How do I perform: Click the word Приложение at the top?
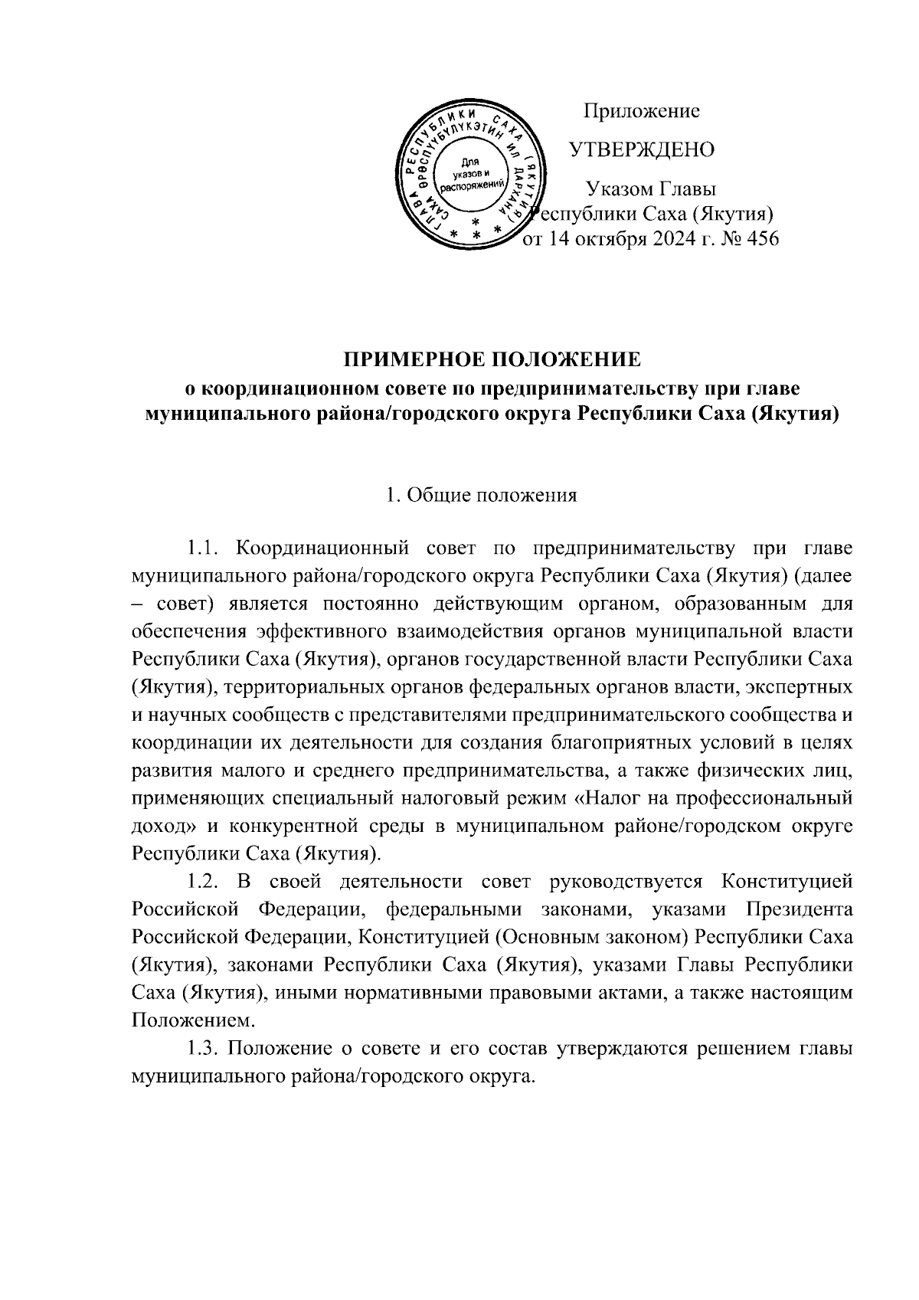(642, 112)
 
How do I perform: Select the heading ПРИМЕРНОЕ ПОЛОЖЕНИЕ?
(490, 360)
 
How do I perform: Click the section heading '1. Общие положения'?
(482, 495)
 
